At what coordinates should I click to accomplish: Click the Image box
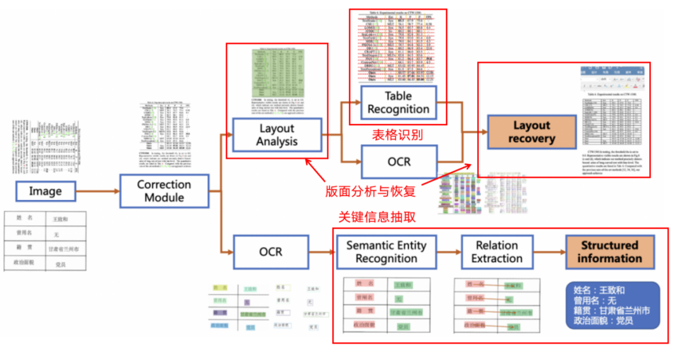pyautogui.click(x=45, y=191)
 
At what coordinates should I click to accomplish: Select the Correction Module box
pyautogui.click(x=164, y=191)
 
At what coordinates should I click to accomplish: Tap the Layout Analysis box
pyautogui.click(x=277, y=135)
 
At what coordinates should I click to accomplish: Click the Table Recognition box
pyautogui.click(x=398, y=102)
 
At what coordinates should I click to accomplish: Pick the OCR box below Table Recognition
pyautogui.click(x=398, y=161)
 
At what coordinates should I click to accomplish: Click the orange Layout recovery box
pyautogui.click(x=532, y=132)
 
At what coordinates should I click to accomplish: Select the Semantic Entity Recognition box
pyautogui.click(x=386, y=252)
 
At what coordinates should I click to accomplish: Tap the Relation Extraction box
pyautogui.click(x=497, y=252)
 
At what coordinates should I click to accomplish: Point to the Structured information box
pyautogui.click(x=609, y=252)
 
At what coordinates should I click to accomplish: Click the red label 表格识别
pyautogui.click(x=396, y=135)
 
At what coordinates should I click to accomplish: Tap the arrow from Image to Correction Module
pyautogui.click(x=98, y=191)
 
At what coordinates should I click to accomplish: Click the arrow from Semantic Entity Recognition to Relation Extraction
pyautogui.click(x=448, y=252)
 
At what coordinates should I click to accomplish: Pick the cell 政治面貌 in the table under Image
pyautogui.click(x=25, y=263)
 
